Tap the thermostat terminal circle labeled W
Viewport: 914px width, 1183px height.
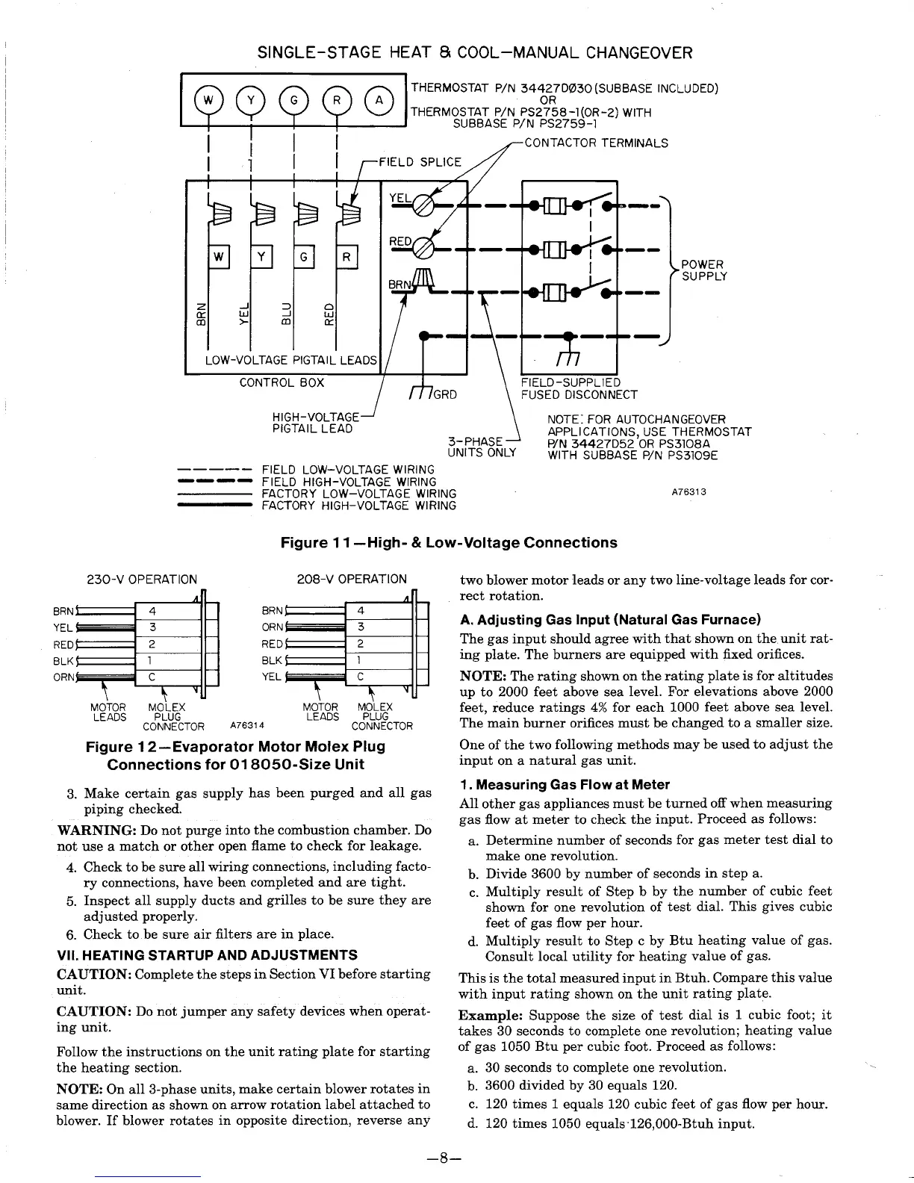point(209,100)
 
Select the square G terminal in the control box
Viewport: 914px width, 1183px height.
point(305,257)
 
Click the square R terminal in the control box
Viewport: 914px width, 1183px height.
point(347,257)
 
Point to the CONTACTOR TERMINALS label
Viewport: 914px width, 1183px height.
point(597,143)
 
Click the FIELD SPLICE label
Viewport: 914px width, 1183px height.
point(421,162)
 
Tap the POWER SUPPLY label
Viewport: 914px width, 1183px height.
point(703,270)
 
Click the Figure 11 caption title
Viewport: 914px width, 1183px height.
point(449,543)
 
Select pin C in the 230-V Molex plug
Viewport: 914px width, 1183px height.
point(152,677)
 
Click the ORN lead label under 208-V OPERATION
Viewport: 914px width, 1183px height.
point(272,627)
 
